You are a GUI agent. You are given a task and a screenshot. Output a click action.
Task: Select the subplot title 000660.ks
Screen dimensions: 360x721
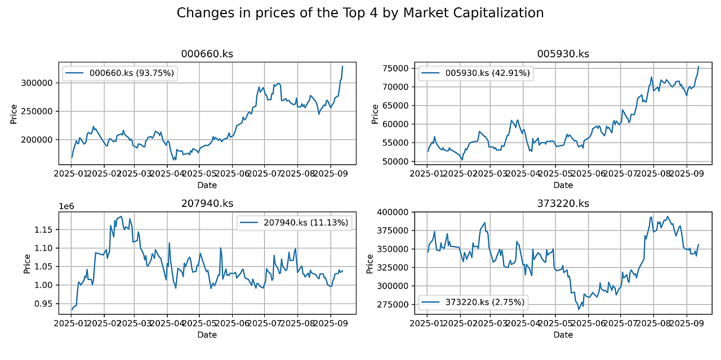tap(207, 54)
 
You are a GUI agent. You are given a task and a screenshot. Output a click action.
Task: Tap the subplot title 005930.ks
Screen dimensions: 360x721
tap(563, 54)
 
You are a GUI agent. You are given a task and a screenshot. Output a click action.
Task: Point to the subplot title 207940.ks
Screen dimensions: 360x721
tap(207, 203)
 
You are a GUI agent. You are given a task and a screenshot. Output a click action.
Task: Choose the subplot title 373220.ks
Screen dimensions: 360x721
tap(563, 203)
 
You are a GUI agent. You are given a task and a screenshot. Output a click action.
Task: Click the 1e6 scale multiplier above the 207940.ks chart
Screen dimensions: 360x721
tap(66, 207)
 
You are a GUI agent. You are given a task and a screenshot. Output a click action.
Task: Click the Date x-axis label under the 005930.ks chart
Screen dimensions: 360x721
tap(563, 185)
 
